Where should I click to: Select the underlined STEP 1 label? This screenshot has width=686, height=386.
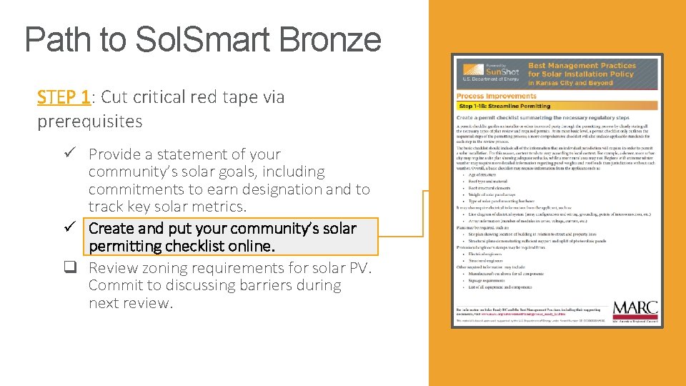[64, 96]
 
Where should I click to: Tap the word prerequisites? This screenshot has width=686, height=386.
[90, 121]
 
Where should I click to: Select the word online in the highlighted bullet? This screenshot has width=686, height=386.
[251, 246]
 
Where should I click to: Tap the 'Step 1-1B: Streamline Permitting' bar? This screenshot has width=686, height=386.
[504, 106]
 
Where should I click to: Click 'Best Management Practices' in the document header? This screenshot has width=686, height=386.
[581, 66]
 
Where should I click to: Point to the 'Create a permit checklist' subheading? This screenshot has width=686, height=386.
[532, 117]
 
